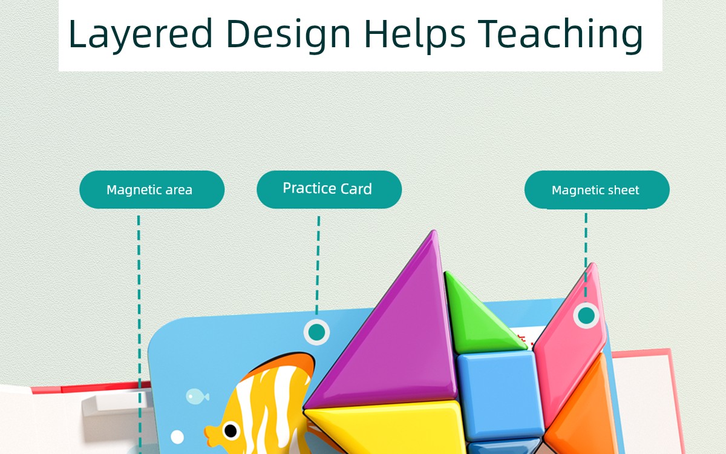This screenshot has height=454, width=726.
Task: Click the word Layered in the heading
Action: [140, 35]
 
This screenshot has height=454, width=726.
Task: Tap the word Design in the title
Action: [289, 35]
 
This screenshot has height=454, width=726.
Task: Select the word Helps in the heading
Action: [415, 35]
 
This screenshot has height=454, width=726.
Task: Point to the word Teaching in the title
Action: [561, 35]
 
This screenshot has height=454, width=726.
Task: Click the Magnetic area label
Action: [149, 189]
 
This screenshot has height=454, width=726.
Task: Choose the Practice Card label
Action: [327, 188]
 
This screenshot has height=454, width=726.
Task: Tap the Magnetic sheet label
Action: [595, 190]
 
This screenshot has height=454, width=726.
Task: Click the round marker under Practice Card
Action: [316, 332]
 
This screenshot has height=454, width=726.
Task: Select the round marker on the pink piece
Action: [586, 315]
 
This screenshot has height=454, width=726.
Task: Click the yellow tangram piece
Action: [386, 428]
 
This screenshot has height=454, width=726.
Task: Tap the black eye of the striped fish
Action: [231, 430]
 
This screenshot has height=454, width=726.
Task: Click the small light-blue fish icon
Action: [197, 396]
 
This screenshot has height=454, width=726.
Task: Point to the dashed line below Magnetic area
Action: [139, 335]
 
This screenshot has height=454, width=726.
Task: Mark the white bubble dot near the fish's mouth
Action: [177, 437]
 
